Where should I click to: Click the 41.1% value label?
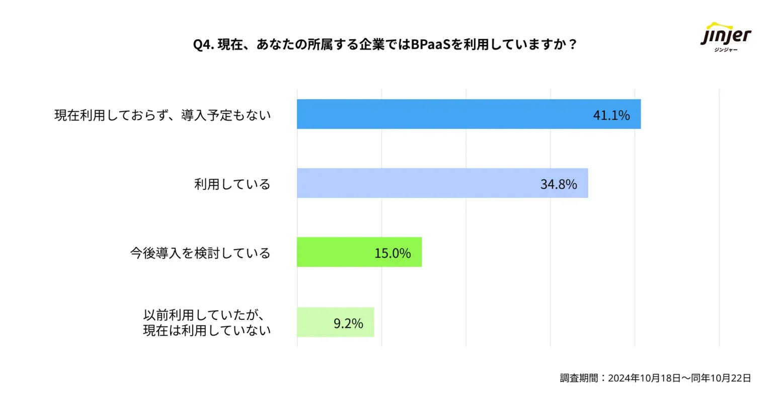(x=611, y=115)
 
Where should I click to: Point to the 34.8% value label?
(x=559, y=184)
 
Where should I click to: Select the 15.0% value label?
(x=393, y=253)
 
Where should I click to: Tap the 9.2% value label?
(x=348, y=323)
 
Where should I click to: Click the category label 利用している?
(x=233, y=184)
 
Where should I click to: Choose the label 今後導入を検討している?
(x=200, y=253)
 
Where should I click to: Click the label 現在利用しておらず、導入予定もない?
(x=163, y=115)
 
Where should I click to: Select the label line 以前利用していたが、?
(x=204, y=315)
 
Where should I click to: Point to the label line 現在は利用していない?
(x=207, y=331)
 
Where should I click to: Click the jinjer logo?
(x=726, y=35)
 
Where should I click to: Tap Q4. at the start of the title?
(x=204, y=45)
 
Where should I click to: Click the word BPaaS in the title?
(x=428, y=45)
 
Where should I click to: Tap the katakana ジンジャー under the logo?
(x=726, y=49)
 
